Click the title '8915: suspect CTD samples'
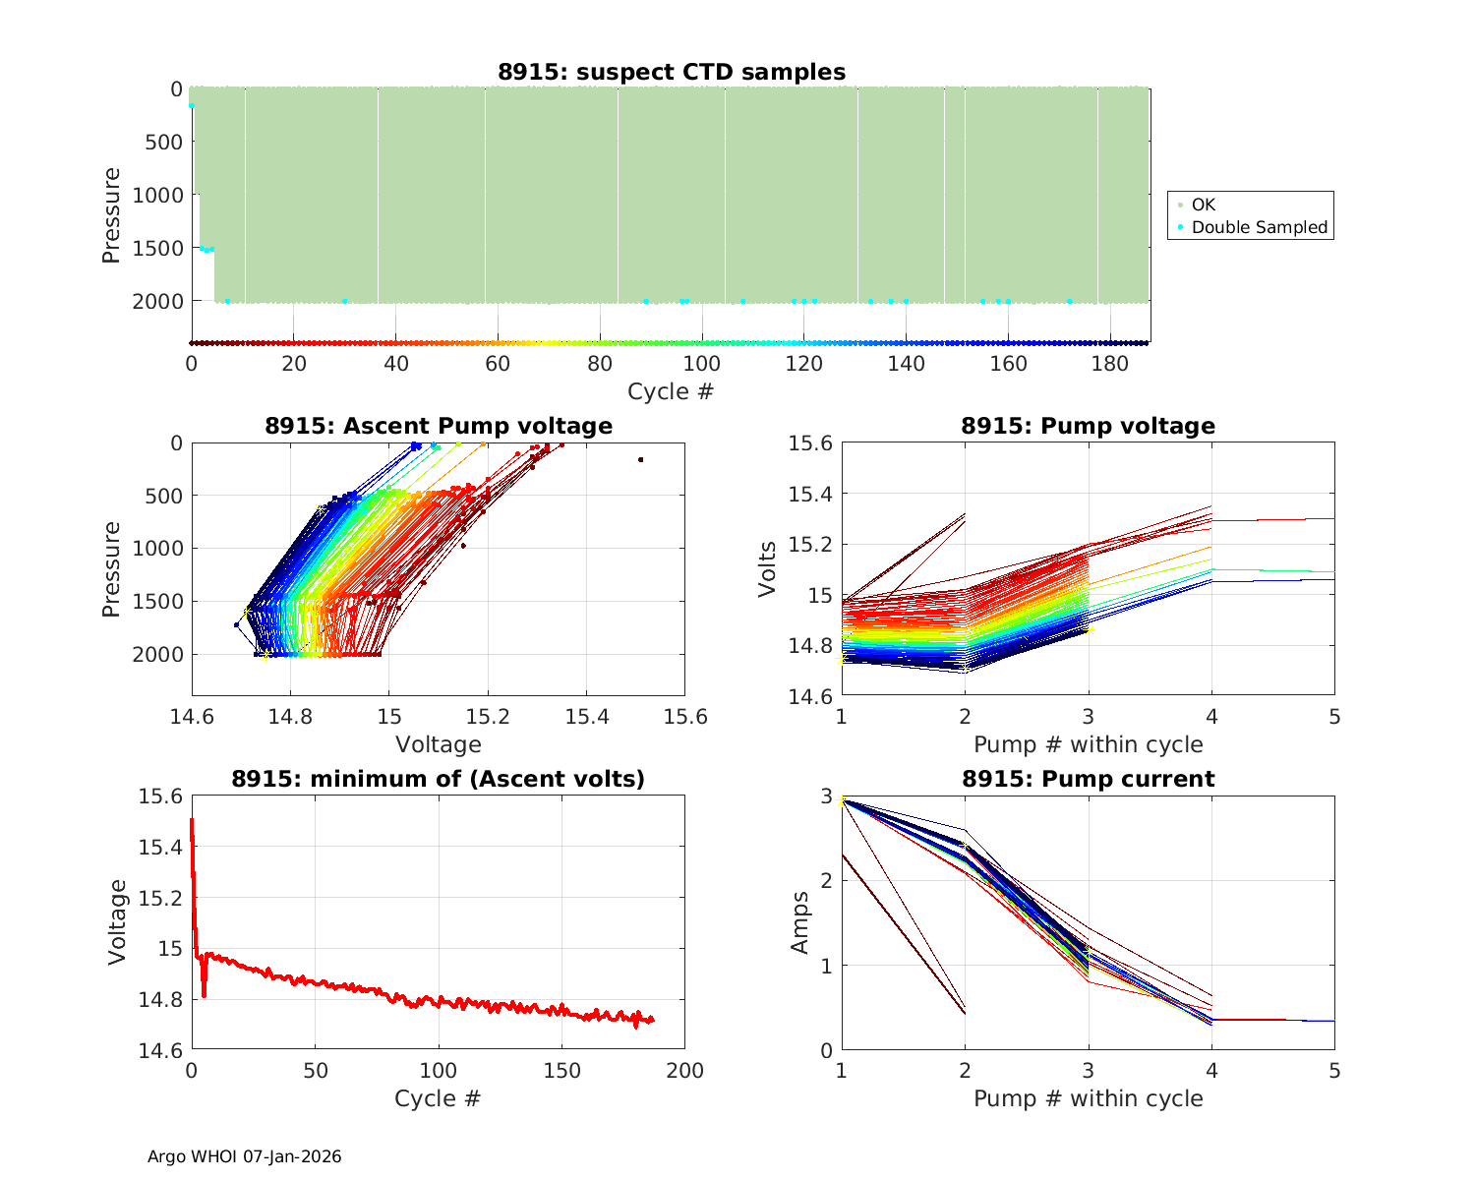point(671,72)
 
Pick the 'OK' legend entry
point(1203,205)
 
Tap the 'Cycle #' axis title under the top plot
point(671,391)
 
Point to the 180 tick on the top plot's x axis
point(1110,364)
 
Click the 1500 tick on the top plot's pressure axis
point(157,248)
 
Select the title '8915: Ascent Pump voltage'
point(439,426)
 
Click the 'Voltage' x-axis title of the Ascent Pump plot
point(439,744)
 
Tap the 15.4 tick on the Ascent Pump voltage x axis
point(586,716)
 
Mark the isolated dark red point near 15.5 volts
point(640,459)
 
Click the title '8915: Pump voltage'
point(1088,426)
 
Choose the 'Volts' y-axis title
point(768,569)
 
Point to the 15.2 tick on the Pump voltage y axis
point(812,545)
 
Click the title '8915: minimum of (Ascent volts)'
point(439,779)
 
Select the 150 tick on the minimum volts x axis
point(561,1070)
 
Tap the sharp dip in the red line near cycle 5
point(204,995)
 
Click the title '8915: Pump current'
point(1088,779)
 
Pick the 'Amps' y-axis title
point(800,922)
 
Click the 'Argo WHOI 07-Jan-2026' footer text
point(244,1156)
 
